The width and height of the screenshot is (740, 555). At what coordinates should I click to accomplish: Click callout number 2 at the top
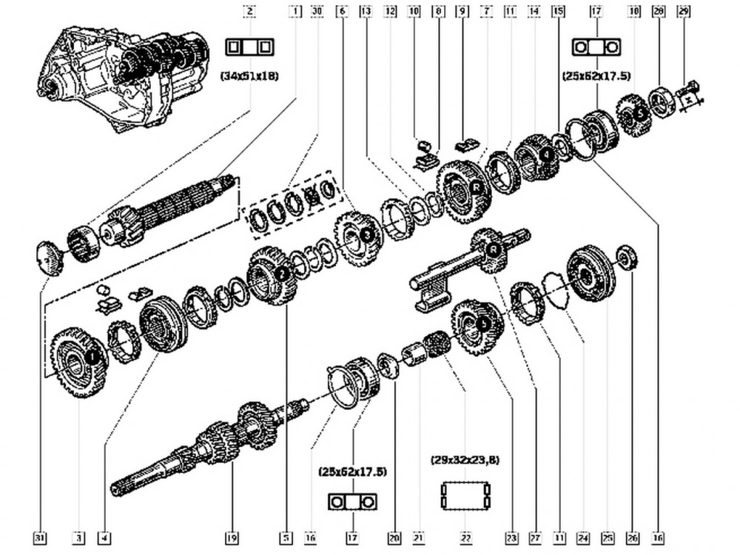(x=251, y=11)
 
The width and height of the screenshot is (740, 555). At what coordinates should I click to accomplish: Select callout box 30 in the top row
(x=317, y=11)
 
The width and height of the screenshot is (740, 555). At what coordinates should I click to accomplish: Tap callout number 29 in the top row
(x=683, y=11)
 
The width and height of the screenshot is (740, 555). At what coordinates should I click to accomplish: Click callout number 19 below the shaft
(x=232, y=538)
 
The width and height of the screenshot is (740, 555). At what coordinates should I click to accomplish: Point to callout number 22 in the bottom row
(x=465, y=538)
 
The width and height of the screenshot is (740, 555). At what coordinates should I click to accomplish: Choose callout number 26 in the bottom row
(x=631, y=538)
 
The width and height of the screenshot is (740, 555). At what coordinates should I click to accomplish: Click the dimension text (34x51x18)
(x=250, y=75)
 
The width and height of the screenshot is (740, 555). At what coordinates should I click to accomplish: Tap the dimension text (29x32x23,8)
(x=465, y=460)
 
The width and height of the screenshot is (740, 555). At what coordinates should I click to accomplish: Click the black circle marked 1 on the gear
(x=92, y=357)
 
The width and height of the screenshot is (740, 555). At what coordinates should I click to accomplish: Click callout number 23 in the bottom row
(x=511, y=538)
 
